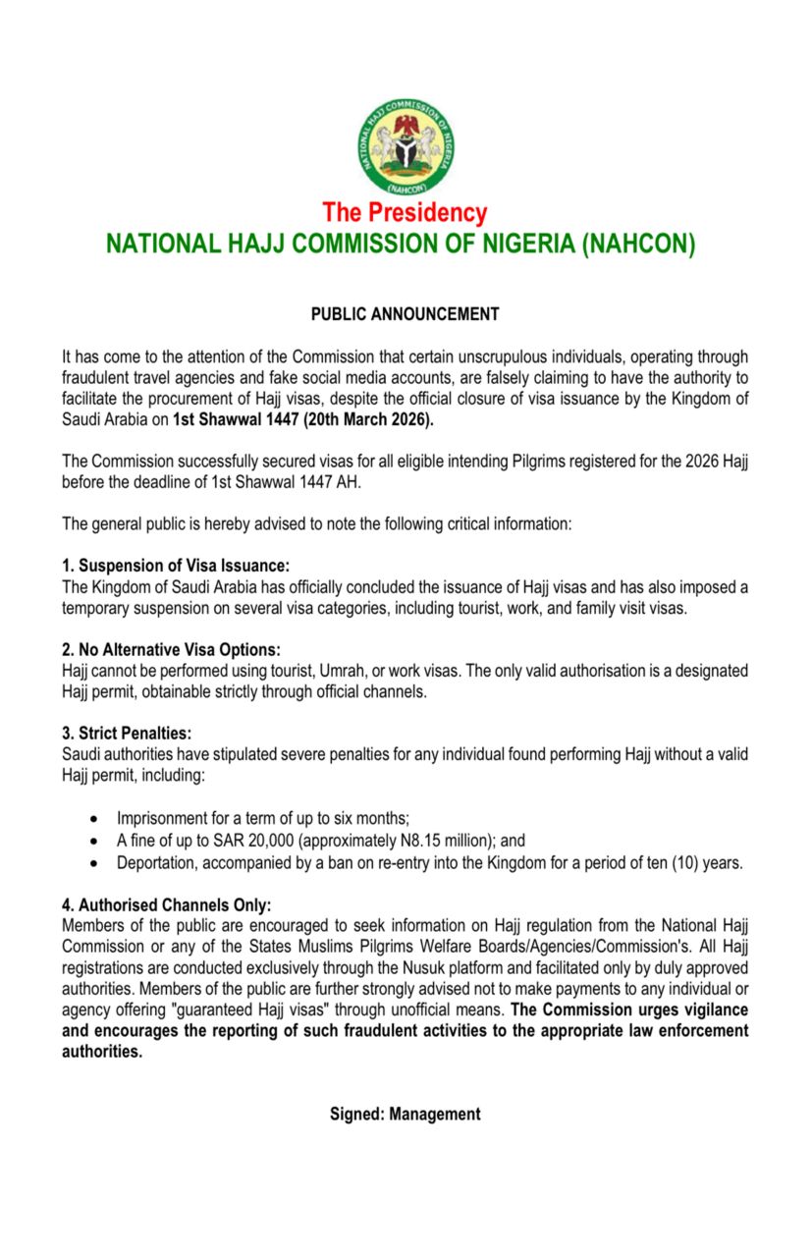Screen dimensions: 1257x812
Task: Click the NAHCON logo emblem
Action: coord(406,146)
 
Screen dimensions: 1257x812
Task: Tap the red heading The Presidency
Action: coord(405,212)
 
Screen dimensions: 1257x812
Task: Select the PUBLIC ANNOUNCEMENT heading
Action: coord(406,314)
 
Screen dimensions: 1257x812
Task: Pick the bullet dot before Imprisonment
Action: coord(93,818)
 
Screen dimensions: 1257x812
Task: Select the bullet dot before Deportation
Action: coord(93,863)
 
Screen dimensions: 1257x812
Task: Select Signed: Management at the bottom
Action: coord(406,1114)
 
